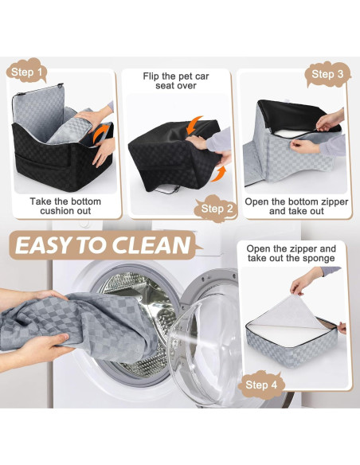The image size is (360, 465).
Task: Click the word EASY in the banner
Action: point(49,244)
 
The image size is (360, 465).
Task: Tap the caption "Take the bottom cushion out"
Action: point(65,206)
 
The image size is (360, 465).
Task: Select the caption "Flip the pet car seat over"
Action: point(176,81)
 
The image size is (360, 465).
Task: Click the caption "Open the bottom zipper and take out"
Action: point(295,206)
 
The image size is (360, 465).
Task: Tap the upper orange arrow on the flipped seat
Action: point(194,126)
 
